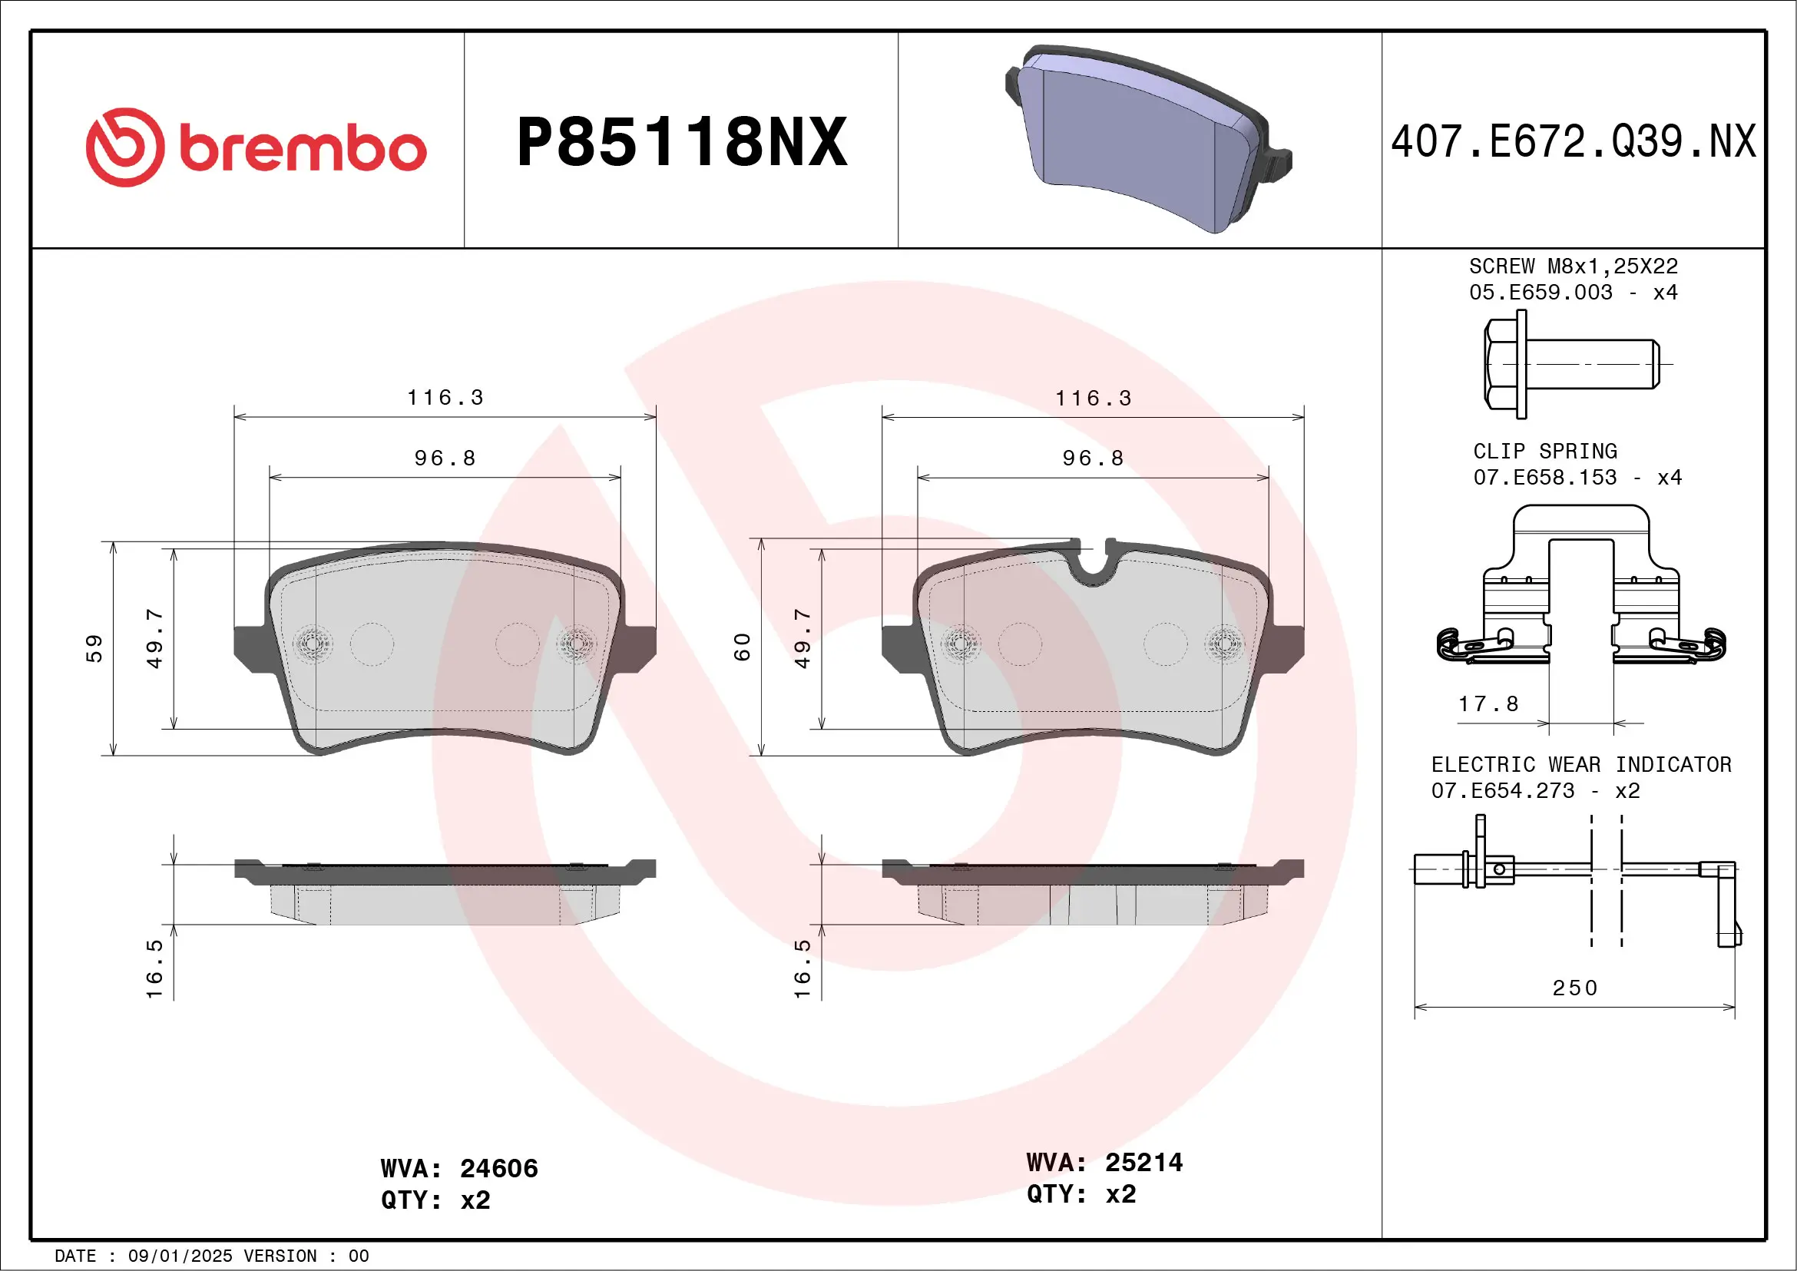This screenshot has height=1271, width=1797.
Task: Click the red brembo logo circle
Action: [125, 147]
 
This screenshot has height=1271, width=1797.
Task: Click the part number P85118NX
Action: [682, 142]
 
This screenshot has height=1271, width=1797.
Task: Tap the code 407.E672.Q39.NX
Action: [1574, 142]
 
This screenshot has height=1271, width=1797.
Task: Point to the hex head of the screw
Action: [1502, 364]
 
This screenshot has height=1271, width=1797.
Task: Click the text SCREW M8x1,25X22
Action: [1574, 266]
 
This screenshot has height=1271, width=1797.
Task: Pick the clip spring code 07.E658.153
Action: [1544, 478]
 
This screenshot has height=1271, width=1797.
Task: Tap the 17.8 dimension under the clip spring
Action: [1488, 704]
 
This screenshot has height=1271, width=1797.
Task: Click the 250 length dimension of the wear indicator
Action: [1575, 988]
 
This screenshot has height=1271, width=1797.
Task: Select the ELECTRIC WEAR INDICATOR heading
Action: [1581, 765]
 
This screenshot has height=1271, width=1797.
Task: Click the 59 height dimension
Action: [94, 648]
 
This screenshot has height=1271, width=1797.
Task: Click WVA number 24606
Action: [498, 1168]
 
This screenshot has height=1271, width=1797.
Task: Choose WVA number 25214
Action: [1143, 1162]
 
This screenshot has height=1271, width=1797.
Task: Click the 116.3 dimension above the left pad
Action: [445, 398]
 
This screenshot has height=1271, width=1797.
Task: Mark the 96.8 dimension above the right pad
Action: [1094, 458]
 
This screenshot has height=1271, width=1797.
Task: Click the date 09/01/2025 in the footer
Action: [180, 1256]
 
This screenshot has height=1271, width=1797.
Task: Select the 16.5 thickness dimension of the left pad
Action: [155, 969]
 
